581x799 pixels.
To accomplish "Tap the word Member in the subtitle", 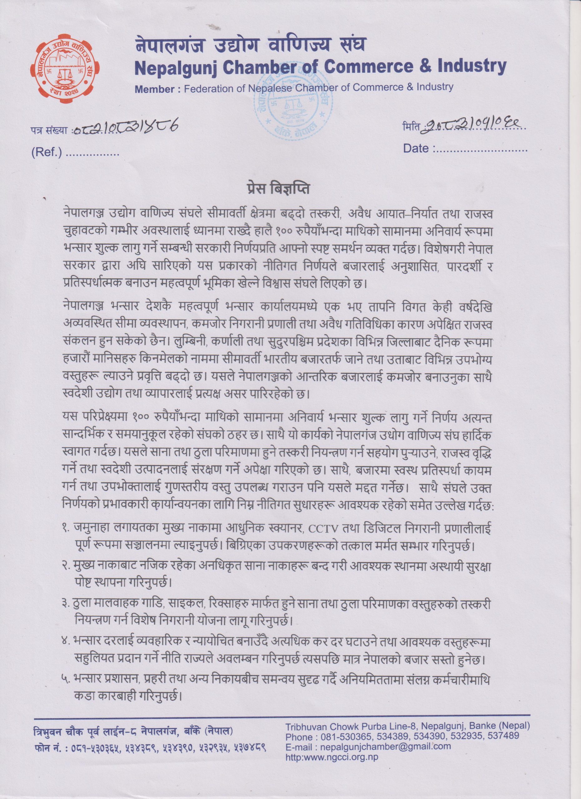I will [x=154, y=89].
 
